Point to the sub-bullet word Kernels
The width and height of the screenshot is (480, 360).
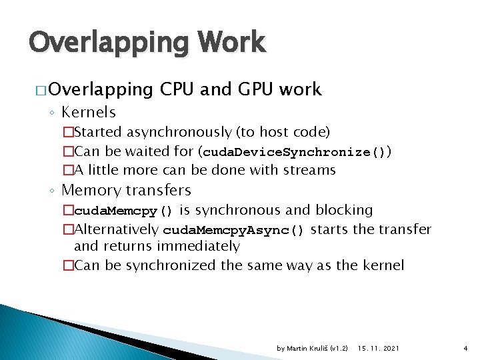(89, 112)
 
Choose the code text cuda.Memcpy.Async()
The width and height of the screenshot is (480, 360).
(234, 231)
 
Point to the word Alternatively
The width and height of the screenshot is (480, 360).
(117, 230)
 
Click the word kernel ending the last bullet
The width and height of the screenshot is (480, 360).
(381, 265)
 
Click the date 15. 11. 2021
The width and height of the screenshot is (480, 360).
(379, 349)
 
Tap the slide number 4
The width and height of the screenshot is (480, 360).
(465, 349)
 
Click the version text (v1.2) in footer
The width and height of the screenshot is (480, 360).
(339, 349)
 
